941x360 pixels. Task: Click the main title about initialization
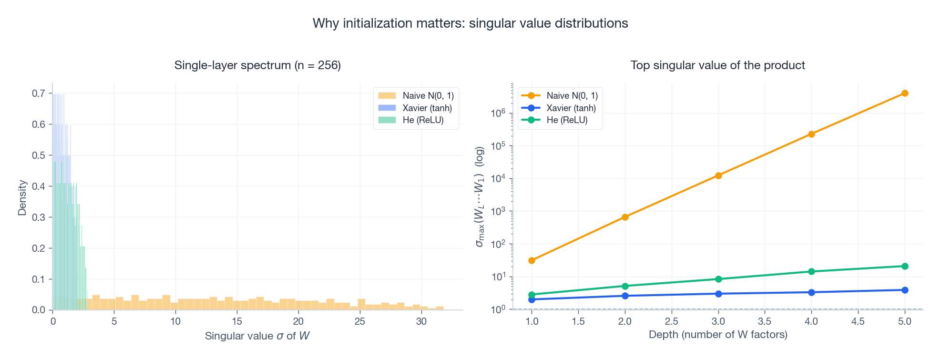tap(470, 23)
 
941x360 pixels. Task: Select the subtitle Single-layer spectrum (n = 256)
tap(257, 65)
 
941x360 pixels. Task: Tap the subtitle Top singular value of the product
tap(717, 65)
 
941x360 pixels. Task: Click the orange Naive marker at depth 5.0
tap(905, 93)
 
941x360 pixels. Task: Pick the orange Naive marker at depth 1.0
tap(532, 260)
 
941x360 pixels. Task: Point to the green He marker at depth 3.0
tap(718, 279)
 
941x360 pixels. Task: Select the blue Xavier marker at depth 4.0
tap(811, 292)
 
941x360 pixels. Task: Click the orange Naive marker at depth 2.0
tap(625, 217)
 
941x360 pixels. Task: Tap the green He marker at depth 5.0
tap(905, 266)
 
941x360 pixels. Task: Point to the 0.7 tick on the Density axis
tap(39, 93)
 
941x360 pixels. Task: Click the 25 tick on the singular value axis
tap(359, 321)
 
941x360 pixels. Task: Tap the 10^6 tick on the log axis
tap(498, 113)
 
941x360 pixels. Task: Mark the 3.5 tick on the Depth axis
tap(765, 321)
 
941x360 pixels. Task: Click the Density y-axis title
tap(22, 197)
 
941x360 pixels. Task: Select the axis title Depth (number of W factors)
tap(717, 335)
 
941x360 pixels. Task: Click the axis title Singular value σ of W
tap(257, 336)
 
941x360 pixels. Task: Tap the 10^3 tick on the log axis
tap(498, 212)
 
